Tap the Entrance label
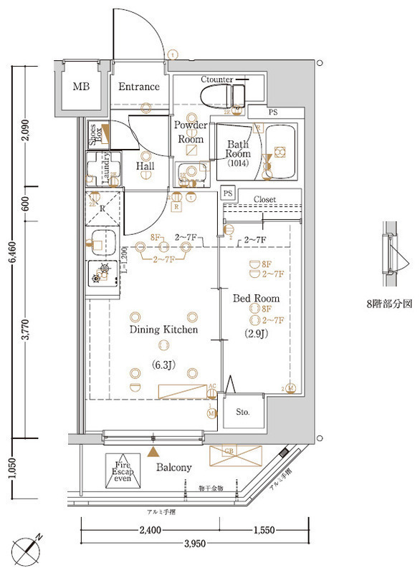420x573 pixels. pos(138,87)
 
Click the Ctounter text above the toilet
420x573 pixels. pos(216,79)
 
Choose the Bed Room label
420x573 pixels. pos(255,297)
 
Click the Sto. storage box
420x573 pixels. pos(244,413)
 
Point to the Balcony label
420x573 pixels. pos(173,468)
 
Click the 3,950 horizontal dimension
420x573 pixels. pos(195,544)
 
